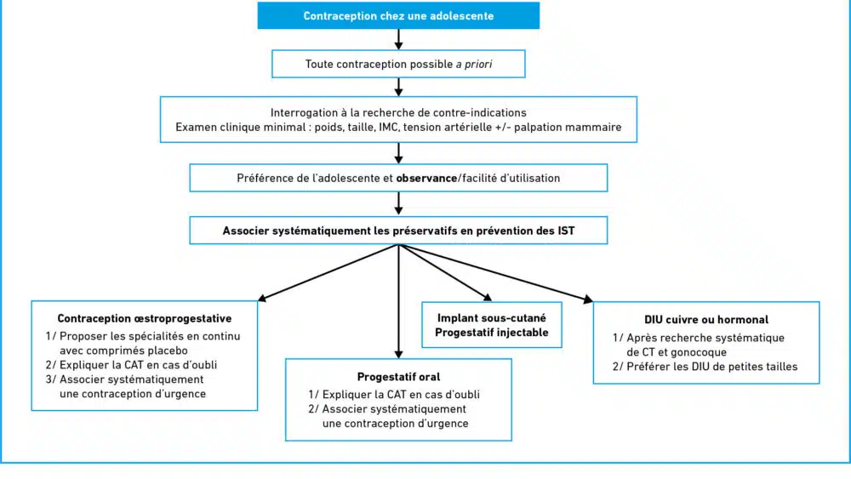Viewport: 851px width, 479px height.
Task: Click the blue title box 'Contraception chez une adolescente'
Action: pyautogui.click(x=398, y=15)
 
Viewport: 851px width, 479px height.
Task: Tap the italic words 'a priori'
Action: pyautogui.click(x=474, y=65)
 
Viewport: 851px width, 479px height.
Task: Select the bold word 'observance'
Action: pyautogui.click(x=426, y=178)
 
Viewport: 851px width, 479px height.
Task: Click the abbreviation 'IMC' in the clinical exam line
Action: pyautogui.click(x=388, y=127)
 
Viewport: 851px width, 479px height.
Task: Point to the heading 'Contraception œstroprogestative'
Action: pyautogui.click(x=145, y=318)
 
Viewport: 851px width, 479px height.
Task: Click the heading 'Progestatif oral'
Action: pyautogui.click(x=398, y=376)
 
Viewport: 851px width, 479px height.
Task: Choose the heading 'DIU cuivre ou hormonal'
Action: pyautogui.click(x=706, y=320)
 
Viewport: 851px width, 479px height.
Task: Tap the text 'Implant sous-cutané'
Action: pyautogui.click(x=492, y=318)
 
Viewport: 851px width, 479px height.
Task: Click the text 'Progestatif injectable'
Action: pyautogui.click(x=492, y=333)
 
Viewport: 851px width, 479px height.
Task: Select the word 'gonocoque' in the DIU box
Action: pyautogui.click(x=700, y=352)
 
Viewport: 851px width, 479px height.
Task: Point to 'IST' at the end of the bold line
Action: pyautogui.click(x=566, y=231)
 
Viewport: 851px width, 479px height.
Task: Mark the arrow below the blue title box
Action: pyautogui.click(x=398, y=39)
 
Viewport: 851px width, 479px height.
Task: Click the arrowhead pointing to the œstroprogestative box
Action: pyautogui.click(x=261, y=298)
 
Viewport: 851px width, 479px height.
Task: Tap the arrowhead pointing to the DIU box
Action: pyautogui.click(x=588, y=299)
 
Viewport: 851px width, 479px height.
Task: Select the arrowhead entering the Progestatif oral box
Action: pyautogui.click(x=398, y=354)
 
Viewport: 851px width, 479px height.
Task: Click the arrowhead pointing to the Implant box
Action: pyautogui.click(x=488, y=297)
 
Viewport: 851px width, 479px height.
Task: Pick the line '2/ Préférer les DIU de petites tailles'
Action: pyautogui.click(x=705, y=367)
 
